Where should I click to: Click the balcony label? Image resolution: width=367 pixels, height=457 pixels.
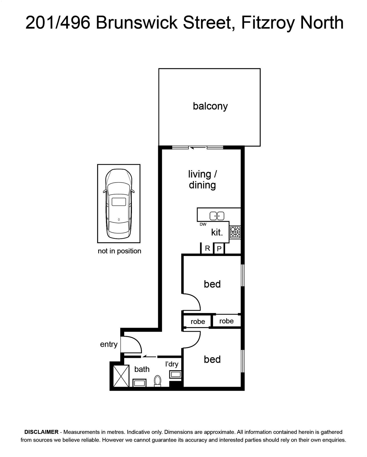pos(210,106)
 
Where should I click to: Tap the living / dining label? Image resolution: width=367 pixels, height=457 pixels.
pos(202,179)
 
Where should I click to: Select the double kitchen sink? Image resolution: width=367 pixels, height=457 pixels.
pos(217,216)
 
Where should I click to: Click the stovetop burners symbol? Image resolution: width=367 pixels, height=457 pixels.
pos(235,232)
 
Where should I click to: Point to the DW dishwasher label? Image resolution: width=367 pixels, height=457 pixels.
pos(203,224)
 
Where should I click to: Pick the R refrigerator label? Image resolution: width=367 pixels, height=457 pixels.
pos(208,248)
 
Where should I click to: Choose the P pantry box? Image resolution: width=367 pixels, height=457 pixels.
pos(219,248)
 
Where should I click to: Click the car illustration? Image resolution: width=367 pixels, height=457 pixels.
pos(119,204)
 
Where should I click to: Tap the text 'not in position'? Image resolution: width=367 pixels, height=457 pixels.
pos(119,251)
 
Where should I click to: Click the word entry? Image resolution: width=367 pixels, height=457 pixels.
pos(109,344)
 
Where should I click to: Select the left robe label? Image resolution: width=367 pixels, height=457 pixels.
pos(198,322)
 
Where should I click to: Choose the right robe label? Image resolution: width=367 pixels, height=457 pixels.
pos(226,321)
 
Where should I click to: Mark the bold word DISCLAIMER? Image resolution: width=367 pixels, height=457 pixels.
pos(41,432)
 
